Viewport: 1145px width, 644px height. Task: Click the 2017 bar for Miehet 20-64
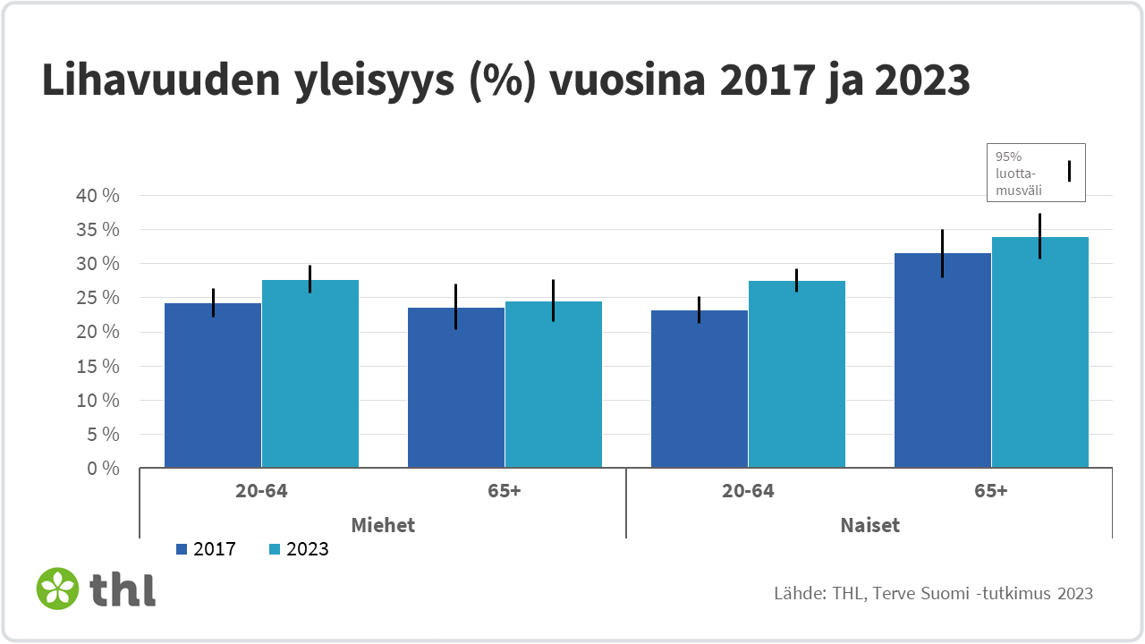pos(213,386)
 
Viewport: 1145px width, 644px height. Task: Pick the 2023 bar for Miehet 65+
pos(554,385)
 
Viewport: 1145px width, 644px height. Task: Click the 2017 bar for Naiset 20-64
pos(700,389)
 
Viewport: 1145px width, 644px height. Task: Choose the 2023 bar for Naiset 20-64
pos(797,375)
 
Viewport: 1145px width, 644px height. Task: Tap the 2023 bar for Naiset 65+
pos(1040,352)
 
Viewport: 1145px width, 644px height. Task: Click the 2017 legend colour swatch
pos(182,549)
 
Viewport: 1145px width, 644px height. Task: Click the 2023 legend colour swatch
pos(276,549)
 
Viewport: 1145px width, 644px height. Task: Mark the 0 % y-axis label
pos(103,469)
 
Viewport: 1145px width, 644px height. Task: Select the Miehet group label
pos(383,525)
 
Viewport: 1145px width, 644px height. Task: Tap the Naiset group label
pos(869,525)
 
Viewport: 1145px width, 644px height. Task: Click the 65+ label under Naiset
pos(991,491)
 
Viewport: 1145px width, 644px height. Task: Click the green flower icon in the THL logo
pos(58,589)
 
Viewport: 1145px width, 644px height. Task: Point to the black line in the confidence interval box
pos(1068,171)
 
